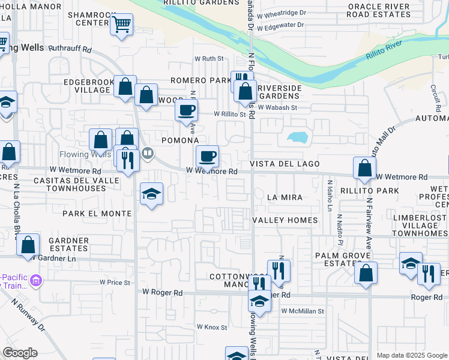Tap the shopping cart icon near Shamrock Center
[x=122, y=25]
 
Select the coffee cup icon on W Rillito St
[x=186, y=110]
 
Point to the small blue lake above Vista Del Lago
[x=297, y=137]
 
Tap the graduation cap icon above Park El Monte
[x=152, y=193]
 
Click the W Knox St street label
[x=212, y=328]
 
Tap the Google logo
[x=20, y=353]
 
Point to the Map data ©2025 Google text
[x=412, y=355]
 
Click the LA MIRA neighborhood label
[x=285, y=197]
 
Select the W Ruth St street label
[x=208, y=59]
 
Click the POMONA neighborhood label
[x=180, y=140]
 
